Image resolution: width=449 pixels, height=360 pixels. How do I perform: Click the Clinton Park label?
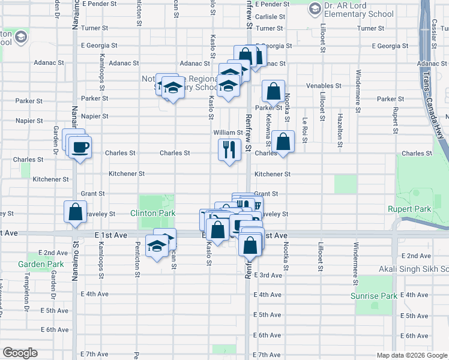pos(154,213)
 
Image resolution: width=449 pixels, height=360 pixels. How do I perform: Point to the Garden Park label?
pos(41,264)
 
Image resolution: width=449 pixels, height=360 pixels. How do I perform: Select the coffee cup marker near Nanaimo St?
pos(79,147)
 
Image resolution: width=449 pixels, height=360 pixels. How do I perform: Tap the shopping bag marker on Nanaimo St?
pos(75,212)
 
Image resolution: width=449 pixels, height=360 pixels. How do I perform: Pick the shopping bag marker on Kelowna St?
pos(283,142)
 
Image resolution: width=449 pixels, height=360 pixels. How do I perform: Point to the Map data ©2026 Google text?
pos(411,355)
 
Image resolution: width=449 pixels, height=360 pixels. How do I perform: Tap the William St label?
pos(228,132)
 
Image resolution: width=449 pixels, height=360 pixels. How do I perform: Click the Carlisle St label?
pos(268,17)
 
